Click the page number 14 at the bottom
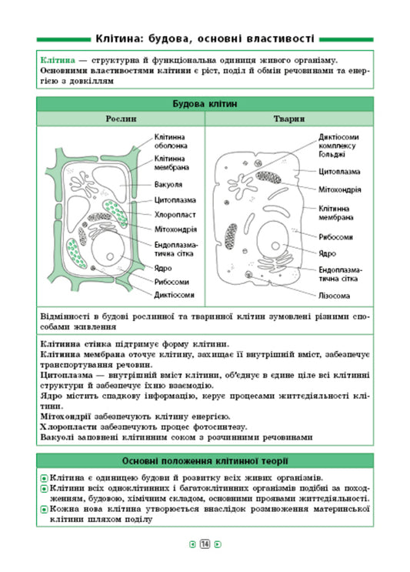205,545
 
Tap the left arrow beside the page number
192,545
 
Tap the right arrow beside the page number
218,545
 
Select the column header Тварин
289,119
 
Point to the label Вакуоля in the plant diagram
168,185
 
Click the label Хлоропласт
174,215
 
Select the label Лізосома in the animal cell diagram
335,295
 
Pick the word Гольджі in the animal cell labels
333,153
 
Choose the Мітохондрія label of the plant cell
175,229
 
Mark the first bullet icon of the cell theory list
43,478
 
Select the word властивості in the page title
270,38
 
